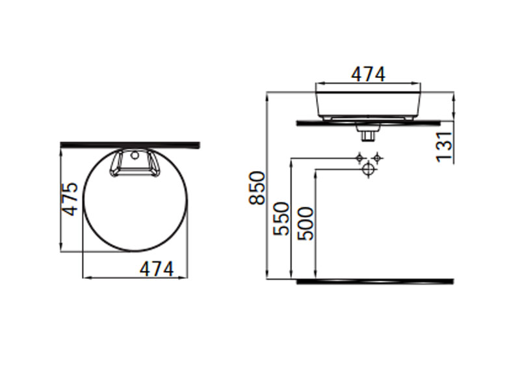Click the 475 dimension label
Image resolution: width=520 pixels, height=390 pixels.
70,199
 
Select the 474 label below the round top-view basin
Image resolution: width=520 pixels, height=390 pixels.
157,268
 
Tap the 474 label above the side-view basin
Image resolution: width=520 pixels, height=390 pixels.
368,74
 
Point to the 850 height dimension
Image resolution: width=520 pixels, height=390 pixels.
257,188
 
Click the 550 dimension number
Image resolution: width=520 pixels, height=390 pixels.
281,218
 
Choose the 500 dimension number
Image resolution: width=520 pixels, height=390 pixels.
305,223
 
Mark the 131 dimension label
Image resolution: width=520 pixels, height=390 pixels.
444,147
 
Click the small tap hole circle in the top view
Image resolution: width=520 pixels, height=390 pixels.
135,155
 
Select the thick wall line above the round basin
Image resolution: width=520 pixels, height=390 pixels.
130,145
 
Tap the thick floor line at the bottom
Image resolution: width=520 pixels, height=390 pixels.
375,281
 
